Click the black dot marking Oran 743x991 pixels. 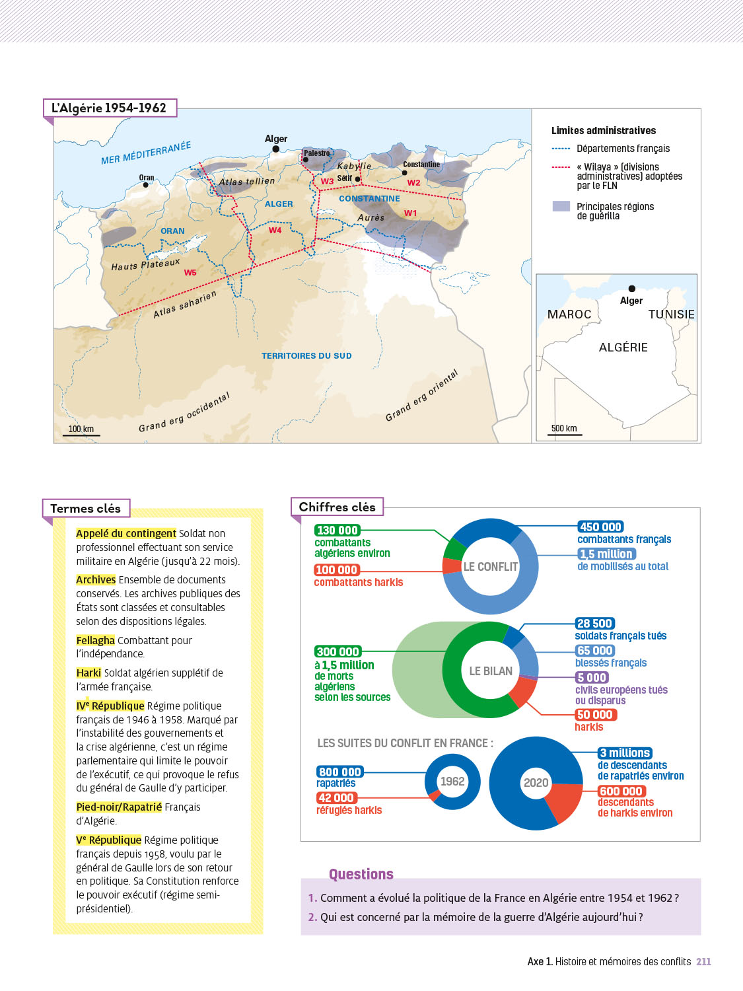click(146, 185)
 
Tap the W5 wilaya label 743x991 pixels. click(190, 273)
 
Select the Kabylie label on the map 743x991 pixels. click(354, 166)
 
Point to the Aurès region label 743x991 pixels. click(371, 217)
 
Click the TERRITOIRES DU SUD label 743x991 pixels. click(306, 356)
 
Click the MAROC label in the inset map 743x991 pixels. click(569, 314)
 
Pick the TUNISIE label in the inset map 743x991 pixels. click(671, 314)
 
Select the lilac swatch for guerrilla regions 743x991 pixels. click(561, 206)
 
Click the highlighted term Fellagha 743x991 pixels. click(95, 640)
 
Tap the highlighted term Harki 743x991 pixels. click(88, 673)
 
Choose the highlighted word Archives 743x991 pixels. click(96, 579)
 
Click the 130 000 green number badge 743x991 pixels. click(337, 530)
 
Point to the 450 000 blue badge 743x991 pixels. click(600, 527)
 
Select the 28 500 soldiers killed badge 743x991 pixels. click(595, 624)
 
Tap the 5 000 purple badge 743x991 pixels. click(592, 678)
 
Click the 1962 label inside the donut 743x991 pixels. click(452, 782)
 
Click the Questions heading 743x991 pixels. click(361, 874)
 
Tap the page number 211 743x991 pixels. click(703, 962)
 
